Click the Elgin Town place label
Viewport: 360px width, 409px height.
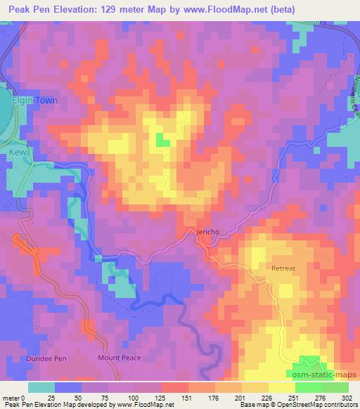point(33,100)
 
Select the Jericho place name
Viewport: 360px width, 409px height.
point(203,231)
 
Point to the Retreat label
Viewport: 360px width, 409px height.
point(285,268)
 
